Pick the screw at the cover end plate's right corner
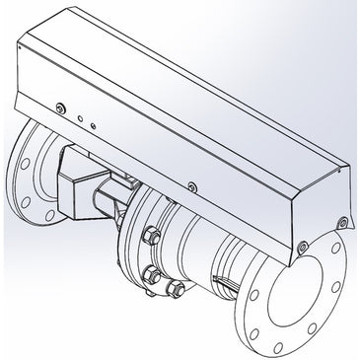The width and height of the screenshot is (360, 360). point(341,219)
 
